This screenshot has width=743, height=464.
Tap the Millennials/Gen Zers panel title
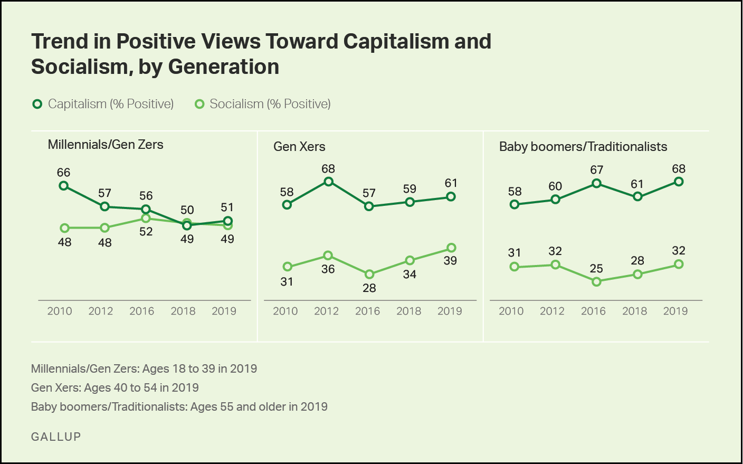pos(106,145)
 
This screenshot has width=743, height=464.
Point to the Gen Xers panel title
pos(299,147)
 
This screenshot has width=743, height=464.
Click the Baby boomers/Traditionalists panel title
pos(583,147)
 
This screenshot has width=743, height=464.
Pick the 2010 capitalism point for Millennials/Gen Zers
pos(64,186)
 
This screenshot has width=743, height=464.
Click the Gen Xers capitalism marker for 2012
pos(328,182)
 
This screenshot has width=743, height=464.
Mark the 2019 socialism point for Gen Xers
pos(451,248)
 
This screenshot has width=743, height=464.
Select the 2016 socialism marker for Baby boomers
pos(596,282)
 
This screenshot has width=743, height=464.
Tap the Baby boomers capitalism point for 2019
pos(679,182)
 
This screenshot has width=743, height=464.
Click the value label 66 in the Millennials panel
pos(63,173)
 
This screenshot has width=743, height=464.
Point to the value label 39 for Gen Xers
pos(450,261)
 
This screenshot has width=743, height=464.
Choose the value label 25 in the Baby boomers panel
pos(596,269)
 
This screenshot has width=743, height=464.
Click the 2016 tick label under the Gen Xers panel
pos(368,311)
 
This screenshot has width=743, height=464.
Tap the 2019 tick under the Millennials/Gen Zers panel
pos(224,311)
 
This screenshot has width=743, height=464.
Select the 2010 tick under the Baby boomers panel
pos(511,311)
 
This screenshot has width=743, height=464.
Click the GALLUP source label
pos(56,437)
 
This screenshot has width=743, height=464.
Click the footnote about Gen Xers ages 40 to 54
pos(115,387)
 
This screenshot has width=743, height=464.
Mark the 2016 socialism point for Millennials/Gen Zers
pos(146,218)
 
